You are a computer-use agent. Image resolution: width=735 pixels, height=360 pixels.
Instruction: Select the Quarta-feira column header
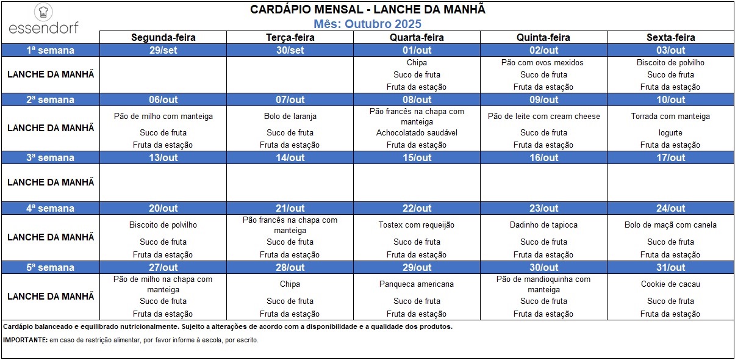click(x=417, y=38)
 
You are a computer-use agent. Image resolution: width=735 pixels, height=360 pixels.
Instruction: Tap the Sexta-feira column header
click(x=670, y=38)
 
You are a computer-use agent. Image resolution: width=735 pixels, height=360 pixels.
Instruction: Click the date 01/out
click(x=417, y=50)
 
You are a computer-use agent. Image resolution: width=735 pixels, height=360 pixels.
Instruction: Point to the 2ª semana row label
click(x=50, y=99)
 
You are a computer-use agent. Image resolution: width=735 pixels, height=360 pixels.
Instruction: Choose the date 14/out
click(x=290, y=157)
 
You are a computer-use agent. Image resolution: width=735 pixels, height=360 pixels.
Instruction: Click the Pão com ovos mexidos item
click(x=543, y=62)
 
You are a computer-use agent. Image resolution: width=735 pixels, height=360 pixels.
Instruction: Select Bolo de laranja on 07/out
click(x=290, y=116)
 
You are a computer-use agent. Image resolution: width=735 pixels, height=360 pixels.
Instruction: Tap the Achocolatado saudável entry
click(x=417, y=132)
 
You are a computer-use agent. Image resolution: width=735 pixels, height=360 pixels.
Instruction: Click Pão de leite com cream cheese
click(x=543, y=116)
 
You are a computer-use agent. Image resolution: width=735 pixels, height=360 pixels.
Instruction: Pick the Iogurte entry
click(x=670, y=132)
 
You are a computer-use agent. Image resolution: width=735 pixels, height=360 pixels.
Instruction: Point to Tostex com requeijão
click(x=417, y=225)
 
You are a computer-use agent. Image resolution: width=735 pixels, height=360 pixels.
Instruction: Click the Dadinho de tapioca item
click(x=543, y=225)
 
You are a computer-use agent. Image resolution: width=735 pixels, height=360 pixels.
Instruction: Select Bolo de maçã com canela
click(x=670, y=225)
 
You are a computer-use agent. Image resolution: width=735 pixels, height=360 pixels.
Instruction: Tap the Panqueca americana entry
click(x=417, y=284)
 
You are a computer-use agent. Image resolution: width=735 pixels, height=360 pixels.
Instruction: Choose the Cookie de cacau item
click(x=670, y=284)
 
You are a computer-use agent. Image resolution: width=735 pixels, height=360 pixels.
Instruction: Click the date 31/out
click(x=670, y=267)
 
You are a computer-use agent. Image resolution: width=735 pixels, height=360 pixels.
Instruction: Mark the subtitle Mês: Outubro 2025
click(x=367, y=24)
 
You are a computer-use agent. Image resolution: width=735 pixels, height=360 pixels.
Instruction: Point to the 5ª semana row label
click(x=50, y=267)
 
